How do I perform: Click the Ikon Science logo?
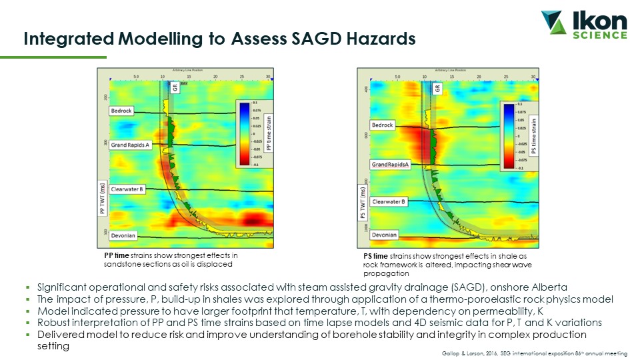(x=584, y=25)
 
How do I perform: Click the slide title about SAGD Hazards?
(x=220, y=39)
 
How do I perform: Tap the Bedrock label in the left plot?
(x=121, y=111)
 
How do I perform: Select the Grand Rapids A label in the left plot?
(x=131, y=145)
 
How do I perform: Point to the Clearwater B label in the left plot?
(x=127, y=189)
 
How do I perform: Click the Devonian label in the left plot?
(x=123, y=235)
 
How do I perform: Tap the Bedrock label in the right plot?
(x=383, y=125)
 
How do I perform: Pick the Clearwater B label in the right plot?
(x=389, y=201)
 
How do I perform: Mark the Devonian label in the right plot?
(x=385, y=235)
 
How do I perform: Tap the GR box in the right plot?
(x=437, y=88)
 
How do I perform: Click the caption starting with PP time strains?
(x=171, y=259)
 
